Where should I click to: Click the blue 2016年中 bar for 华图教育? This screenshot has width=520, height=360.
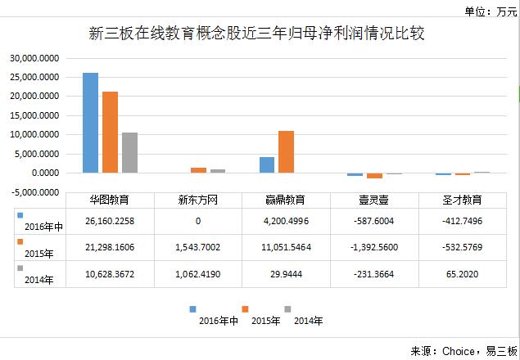pyautogui.click(x=90, y=123)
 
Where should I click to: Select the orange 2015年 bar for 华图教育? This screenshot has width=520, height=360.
pyautogui.click(x=110, y=132)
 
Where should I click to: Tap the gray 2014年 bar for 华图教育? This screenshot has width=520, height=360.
pyautogui.click(x=129, y=152)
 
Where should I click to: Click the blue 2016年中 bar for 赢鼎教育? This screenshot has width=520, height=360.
pyautogui.click(x=267, y=164)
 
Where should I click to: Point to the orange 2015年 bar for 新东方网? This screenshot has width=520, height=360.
pyautogui.click(x=198, y=170)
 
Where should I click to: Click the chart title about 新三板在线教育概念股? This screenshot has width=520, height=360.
pyautogui.click(x=260, y=34)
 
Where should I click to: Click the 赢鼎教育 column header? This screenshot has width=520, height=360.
pyautogui.click(x=286, y=200)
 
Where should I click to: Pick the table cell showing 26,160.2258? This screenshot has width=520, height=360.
pyautogui.click(x=109, y=220)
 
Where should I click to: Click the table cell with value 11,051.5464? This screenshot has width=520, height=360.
pyautogui.click(x=286, y=246)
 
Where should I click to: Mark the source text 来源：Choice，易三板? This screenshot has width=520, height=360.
pyautogui.click(x=463, y=350)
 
